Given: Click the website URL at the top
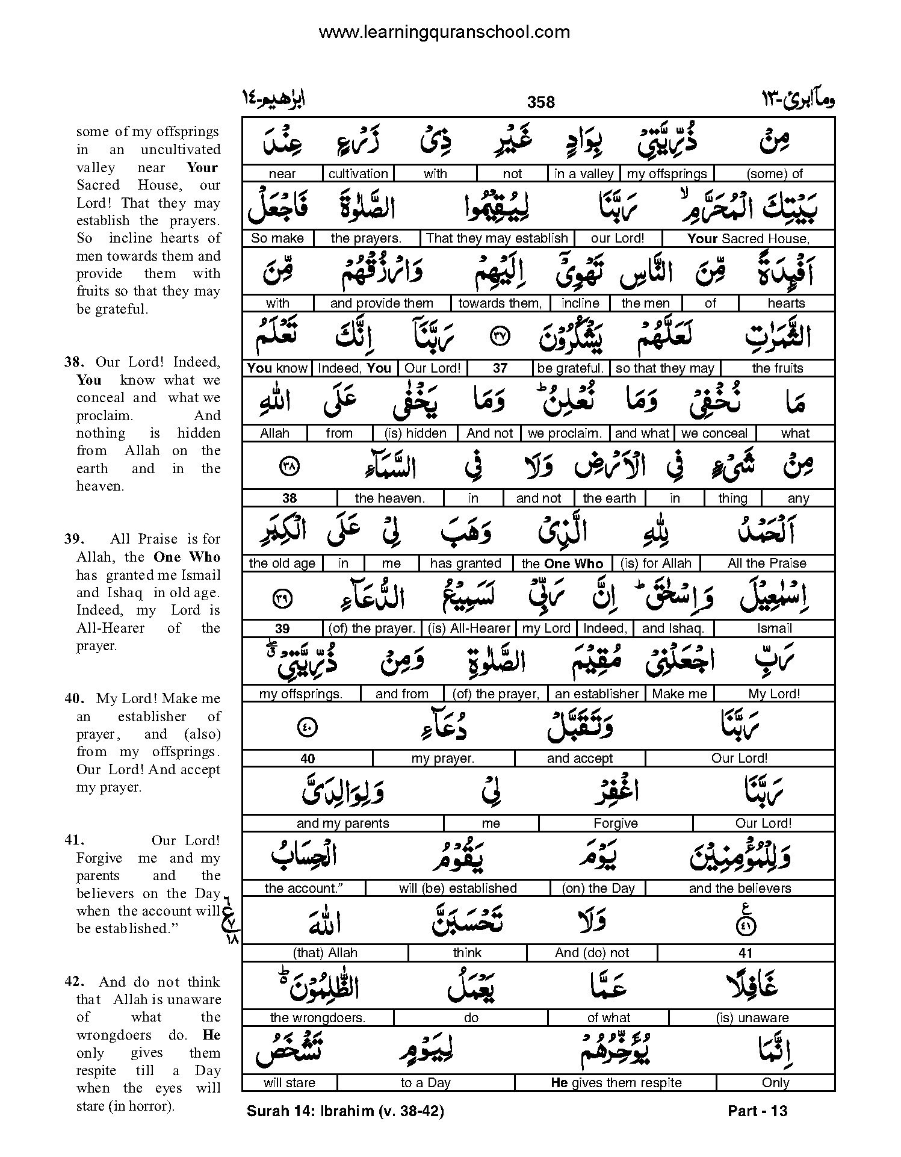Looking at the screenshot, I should [444, 32].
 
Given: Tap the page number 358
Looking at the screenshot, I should [540, 102].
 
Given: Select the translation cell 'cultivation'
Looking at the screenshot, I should [358, 174].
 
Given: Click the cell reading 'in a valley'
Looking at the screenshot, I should [583, 174].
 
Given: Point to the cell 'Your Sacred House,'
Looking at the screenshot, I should [748, 238].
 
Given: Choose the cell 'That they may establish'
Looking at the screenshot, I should [497, 238].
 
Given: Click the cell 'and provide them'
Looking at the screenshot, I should [382, 303].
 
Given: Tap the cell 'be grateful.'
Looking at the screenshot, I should [570, 368].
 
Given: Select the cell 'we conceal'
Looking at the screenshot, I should [714, 433].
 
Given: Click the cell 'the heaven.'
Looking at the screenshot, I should [389, 498].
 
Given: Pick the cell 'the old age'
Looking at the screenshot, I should [282, 563].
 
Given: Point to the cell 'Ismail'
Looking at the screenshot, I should [774, 628].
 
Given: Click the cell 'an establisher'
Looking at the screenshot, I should [596, 693].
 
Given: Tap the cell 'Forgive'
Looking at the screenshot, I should [615, 823].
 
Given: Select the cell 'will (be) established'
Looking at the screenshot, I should [457, 888].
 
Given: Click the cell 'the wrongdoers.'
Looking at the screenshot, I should [317, 1018].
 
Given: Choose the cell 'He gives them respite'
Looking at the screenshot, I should [616, 1083].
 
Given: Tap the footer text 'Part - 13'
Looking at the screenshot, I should [757, 1111].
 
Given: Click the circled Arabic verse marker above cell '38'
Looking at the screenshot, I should [289, 467].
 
